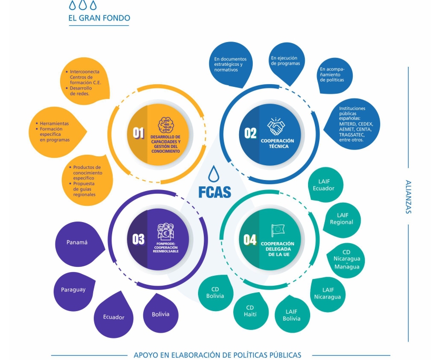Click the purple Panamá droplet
click(77, 243)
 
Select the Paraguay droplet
click(74, 290)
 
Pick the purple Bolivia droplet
click(160, 314)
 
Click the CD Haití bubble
click(250, 311)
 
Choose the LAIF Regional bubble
click(341, 218)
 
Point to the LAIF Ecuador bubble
click(323, 185)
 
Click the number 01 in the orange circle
click(139, 134)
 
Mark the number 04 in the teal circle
click(250, 240)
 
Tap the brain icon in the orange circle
click(166, 124)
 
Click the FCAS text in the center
click(214, 192)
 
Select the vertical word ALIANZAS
click(409, 197)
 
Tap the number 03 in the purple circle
click(139, 239)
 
